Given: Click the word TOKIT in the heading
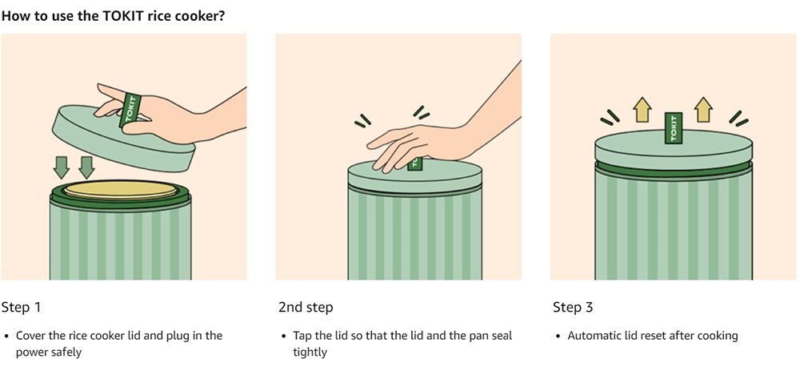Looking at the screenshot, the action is click(101, 16).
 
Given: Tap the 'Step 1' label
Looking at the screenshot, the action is click(21, 308).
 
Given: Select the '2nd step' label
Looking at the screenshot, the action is click(306, 308).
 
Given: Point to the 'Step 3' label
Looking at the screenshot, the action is click(573, 308).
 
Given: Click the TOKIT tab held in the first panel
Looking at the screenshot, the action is click(130, 110).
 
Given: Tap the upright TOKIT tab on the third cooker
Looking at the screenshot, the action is click(674, 128).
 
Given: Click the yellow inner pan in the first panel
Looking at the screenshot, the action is click(121, 190).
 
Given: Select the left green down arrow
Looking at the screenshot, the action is click(62, 167).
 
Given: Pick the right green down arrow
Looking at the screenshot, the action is click(86, 167).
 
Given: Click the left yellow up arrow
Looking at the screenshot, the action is click(641, 109).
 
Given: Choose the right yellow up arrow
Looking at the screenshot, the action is click(704, 109).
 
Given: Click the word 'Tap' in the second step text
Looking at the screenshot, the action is click(302, 336).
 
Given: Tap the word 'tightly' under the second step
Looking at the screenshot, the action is click(310, 353).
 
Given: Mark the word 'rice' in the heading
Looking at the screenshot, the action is click(133, 16).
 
